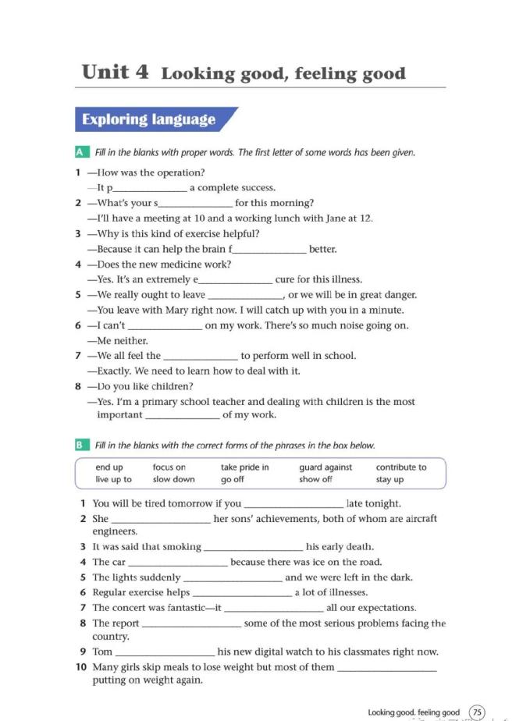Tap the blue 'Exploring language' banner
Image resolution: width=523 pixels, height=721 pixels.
(x=148, y=119)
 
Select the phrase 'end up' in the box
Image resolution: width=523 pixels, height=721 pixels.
(x=109, y=467)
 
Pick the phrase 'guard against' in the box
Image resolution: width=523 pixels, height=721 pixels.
(x=326, y=467)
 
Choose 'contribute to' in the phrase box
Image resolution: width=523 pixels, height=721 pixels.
(x=401, y=467)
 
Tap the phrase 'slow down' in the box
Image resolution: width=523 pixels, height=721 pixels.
(x=173, y=479)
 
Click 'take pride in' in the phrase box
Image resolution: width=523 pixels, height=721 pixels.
(x=244, y=467)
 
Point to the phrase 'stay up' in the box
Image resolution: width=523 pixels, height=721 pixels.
(x=390, y=479)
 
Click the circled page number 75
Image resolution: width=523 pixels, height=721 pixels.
(x=477, y=712)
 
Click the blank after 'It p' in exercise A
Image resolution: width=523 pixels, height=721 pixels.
(x=151, y=188)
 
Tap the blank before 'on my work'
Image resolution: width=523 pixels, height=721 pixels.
(x=164, y=326)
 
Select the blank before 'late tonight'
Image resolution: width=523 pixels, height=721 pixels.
(x=294, y=504)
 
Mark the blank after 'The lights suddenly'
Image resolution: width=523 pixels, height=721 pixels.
(x=233, y=578)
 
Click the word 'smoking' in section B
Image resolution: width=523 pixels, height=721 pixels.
(x=182, y=547)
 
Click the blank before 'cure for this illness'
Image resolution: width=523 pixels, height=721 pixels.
(x=236, y=280)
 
